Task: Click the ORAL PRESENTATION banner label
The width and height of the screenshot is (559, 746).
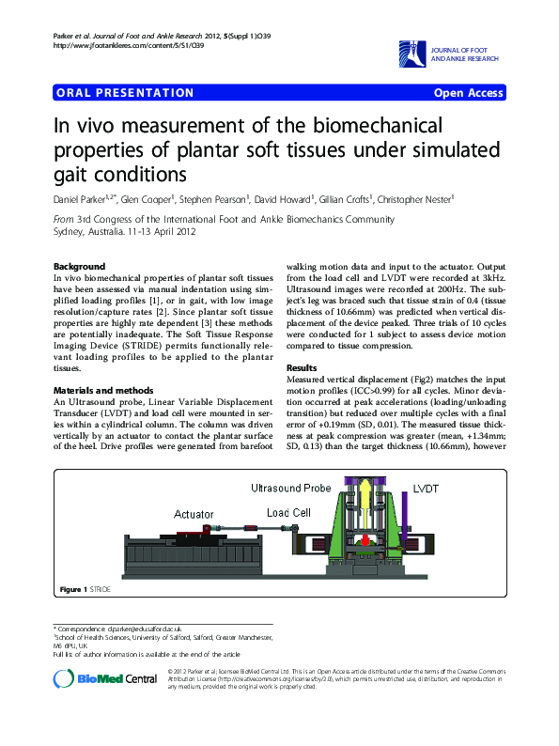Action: click(125, 93)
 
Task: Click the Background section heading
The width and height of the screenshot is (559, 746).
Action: click(80, 266)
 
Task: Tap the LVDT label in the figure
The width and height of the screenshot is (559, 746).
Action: click(426, 489)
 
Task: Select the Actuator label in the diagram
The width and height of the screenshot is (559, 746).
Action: click(194, 514)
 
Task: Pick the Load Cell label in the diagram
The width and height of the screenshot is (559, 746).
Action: click(288, 513)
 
